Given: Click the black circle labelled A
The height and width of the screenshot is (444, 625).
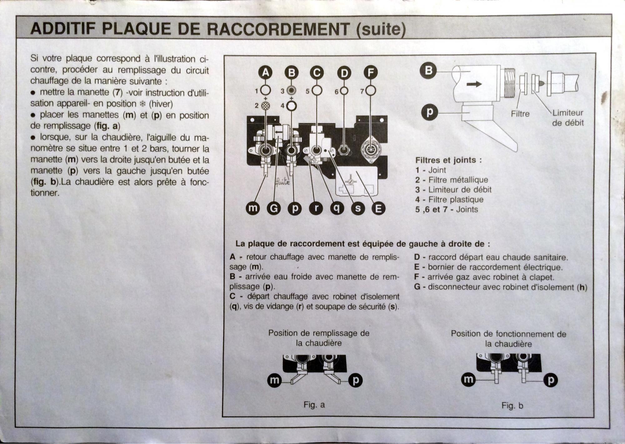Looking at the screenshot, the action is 265,73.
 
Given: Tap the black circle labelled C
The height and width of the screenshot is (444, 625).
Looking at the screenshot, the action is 317,73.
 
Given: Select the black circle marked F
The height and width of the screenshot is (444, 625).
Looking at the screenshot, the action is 371,73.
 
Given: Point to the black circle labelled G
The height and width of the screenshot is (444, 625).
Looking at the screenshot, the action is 274,208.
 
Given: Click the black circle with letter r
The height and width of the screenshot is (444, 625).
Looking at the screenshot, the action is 316,208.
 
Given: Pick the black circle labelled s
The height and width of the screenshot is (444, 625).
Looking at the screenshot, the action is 358,209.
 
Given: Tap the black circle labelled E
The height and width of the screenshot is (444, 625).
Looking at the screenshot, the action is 378,209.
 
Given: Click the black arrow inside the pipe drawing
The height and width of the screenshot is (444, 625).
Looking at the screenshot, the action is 474,84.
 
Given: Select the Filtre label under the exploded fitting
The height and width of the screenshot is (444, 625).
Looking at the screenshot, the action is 520,114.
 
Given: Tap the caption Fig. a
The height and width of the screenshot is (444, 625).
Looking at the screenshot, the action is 314,405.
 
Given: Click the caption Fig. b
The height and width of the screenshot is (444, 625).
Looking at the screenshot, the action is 512,406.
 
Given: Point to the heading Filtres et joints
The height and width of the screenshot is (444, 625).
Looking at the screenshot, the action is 448,160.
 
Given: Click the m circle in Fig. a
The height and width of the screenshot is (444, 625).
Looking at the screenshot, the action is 274,380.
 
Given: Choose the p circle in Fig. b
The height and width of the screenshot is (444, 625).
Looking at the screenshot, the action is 551,380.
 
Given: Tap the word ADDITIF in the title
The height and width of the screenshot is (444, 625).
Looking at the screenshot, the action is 63,29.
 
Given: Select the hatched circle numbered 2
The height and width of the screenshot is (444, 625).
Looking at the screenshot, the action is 265,106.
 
